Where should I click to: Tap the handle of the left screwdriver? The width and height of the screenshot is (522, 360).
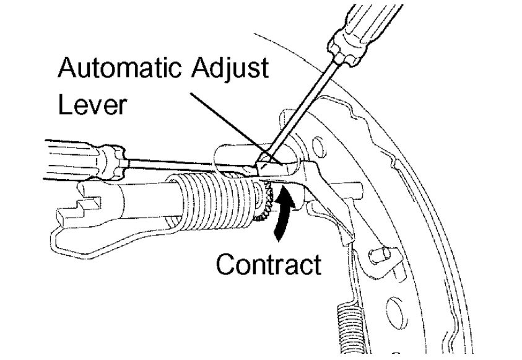(68, 155)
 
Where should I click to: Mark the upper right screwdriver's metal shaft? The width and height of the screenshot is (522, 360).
(303, 105)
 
